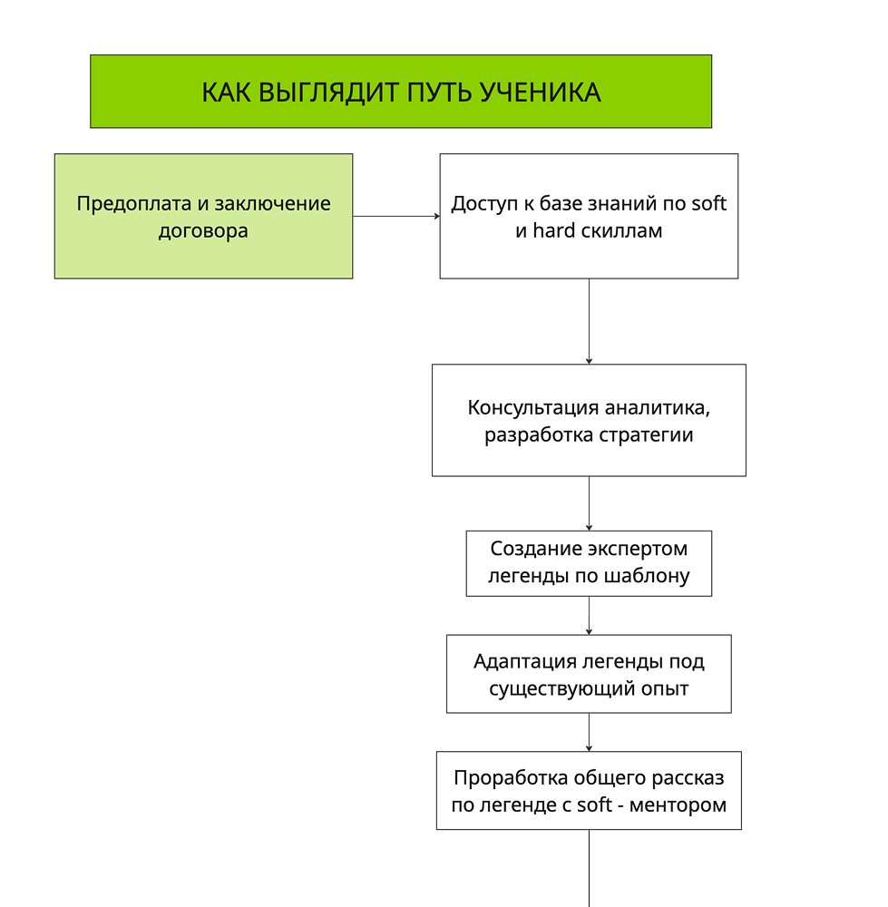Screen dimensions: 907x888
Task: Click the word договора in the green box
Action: (x=203, y=230)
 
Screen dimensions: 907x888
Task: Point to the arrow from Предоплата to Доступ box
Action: (x=396, y=217)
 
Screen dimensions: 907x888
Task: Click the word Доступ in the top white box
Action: (x=484, y=203)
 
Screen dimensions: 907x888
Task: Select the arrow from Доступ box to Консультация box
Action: (x=589, y=321)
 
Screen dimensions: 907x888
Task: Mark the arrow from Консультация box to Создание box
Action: (x=589, y=503)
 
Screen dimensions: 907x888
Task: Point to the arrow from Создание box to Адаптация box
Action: (x=589, y=615)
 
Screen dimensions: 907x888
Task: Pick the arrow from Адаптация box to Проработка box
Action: (x=589, y=732)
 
